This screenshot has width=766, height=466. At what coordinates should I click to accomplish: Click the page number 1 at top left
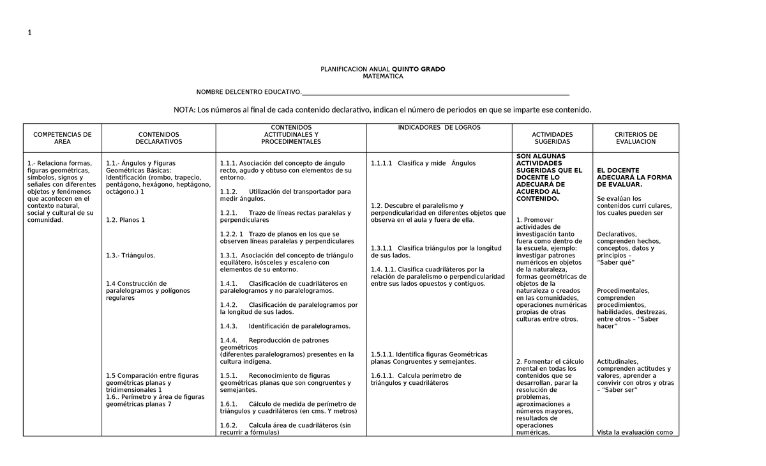[x=29, y=34]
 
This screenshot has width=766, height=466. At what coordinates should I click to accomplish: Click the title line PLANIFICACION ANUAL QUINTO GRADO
[x=382, y=69]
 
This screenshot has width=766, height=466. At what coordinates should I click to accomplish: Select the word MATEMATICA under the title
[x=382, y=77]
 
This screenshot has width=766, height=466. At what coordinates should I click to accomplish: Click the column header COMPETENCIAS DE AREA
[x=62, y=138]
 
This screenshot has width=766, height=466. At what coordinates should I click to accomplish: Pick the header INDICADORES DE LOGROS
[x=439, y=128]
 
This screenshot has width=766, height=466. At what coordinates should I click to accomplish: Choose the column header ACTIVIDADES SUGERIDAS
[x=552, y=138]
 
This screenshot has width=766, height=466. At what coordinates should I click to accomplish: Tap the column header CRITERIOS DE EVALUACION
[x=635, y=138]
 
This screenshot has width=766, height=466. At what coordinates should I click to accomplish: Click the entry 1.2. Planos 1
[x=126, y=220]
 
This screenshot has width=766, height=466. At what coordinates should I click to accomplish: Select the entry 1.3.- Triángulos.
[x=131, y=256]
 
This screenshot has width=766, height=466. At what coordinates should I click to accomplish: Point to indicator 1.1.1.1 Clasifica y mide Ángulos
[x=423, y=163]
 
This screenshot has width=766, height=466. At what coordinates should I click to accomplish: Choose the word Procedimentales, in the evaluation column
[x=623, y=291]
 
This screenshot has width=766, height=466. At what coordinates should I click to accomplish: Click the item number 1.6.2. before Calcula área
[x=229, y=425]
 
